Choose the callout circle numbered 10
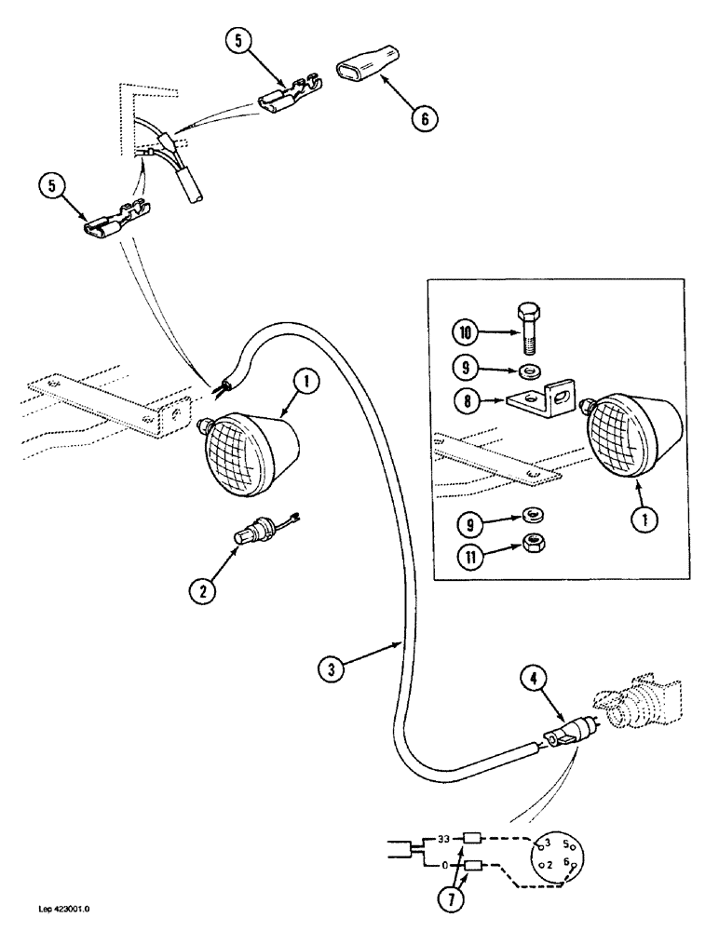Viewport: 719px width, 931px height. (467, 331)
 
